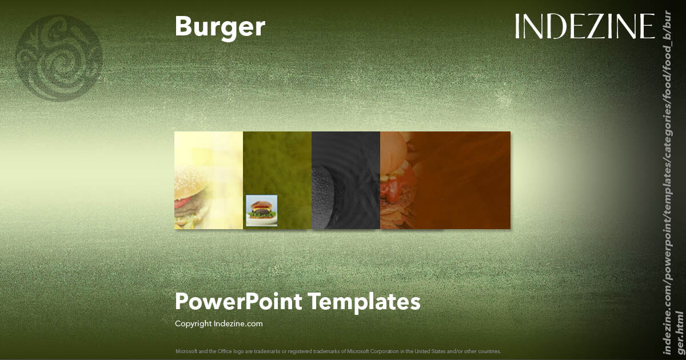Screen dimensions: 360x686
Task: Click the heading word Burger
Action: [x=220, y=27]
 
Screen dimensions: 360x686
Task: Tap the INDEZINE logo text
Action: [x=584, y=27]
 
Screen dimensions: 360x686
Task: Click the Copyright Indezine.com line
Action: [x=218, y=323]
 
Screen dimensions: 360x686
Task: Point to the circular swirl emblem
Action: [x=59, y=58]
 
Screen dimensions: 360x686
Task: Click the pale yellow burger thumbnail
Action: [x=208, y=180]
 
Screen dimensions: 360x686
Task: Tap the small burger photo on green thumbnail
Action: [x=261, y=210]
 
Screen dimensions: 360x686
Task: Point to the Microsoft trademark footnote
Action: [x=338, y=351]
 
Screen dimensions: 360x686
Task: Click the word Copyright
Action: [x=193, y=323]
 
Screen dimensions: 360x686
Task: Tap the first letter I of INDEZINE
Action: [x=518, y=27]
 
